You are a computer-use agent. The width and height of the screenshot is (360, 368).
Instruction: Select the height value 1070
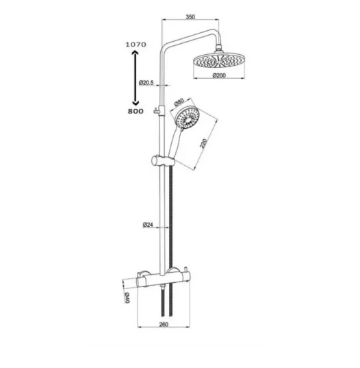[136, 45]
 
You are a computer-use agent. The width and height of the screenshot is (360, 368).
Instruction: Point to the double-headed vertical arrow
[135, 77]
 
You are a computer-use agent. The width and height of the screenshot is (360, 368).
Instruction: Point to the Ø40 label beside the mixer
[127, 297]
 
